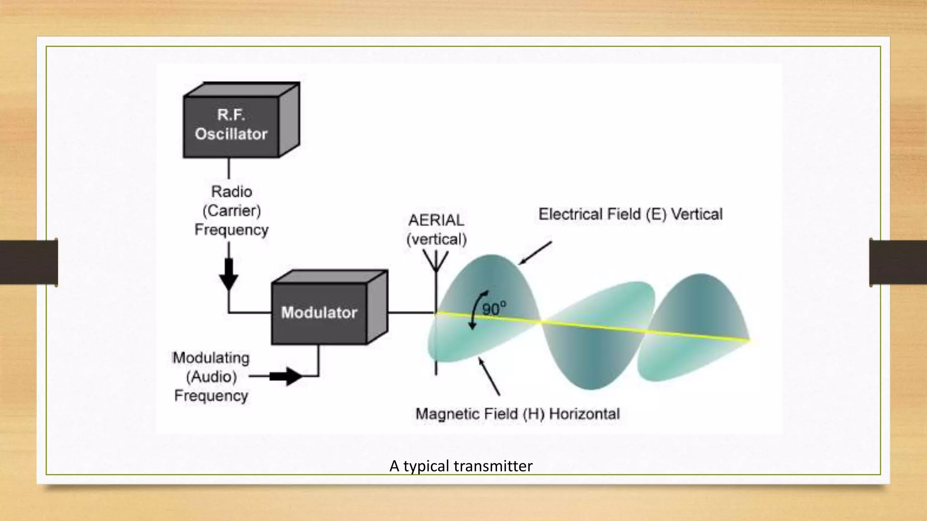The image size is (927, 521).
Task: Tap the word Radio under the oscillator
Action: (231, 192)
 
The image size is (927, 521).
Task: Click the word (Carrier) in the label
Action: (231, 211)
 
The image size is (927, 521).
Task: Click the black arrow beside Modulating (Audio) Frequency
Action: (286, 376)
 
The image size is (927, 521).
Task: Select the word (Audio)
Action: (211, 377)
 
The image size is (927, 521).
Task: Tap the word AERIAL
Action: (436, 220)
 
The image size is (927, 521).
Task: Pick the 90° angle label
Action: (494, 309)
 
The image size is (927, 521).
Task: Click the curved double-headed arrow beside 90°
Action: (476, 310)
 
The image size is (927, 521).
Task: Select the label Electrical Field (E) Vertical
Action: (630, 214)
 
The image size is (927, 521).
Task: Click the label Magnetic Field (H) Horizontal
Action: (517, 414)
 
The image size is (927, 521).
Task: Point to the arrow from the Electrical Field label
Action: (535, 253)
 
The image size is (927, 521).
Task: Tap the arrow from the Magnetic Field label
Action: (489, 376)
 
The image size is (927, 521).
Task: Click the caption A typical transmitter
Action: (461, 466)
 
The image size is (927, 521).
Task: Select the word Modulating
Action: (211, 358)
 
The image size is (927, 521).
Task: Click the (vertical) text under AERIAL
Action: (436, 239)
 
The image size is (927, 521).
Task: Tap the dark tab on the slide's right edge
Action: (898, 262)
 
